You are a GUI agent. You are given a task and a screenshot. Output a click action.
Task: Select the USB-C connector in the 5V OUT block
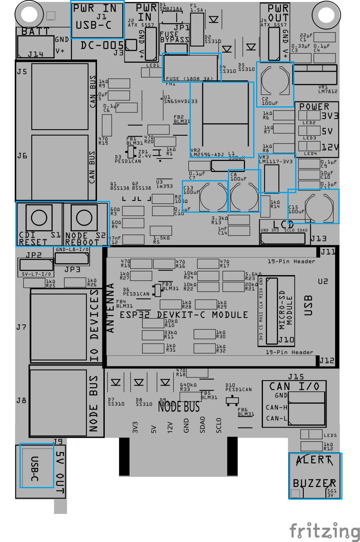pos(37,465)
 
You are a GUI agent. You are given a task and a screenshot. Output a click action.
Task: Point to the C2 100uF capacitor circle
pos(275,81)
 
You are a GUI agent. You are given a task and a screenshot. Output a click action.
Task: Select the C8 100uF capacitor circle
pos(245,197)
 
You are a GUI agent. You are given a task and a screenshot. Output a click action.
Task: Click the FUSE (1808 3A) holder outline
pos(192,67)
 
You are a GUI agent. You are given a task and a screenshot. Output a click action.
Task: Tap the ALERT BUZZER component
pos(315,476)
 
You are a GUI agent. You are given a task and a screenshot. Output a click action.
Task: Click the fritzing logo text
pos(325,531)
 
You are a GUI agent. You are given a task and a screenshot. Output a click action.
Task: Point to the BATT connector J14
pos(36,46)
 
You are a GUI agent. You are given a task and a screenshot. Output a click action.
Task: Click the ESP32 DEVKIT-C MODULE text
pos(183,315)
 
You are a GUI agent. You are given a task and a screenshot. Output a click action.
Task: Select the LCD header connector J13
pos(283,239)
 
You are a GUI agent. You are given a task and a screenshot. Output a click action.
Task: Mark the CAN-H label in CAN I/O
pos(276,407)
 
